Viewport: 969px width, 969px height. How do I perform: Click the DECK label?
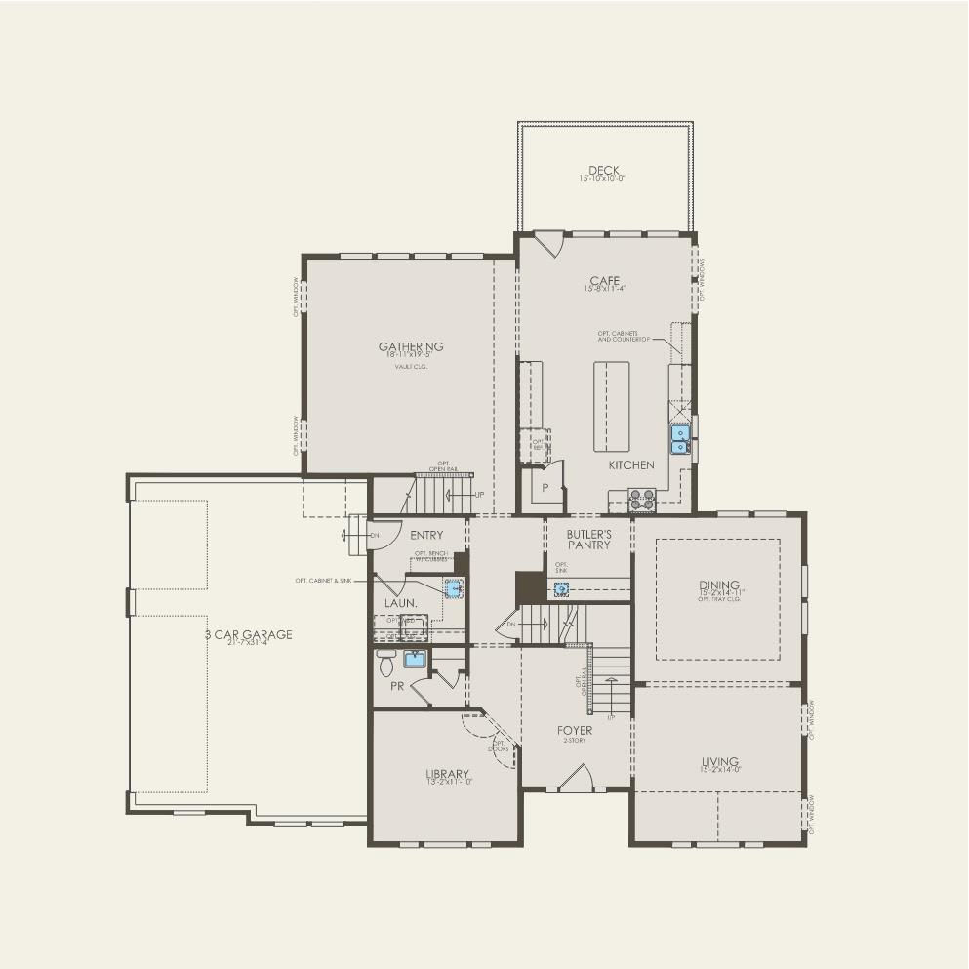click(604, 171)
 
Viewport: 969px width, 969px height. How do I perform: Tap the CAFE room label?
click(604, 281)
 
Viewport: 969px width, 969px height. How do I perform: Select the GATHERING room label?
click(411, 346)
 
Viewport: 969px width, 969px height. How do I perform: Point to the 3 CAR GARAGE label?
click(248, 634)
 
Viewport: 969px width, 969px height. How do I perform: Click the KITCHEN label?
click(631, 465)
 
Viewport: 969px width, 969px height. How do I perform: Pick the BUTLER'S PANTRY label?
click(588, 540)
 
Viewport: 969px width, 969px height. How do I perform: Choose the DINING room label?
click(718, 585)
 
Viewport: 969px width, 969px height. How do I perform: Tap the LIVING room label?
click(719, 762)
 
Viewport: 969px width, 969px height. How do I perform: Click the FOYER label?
click(575, 730)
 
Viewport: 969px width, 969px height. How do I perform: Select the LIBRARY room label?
click(447, 775)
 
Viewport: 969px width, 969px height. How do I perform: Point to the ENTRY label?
click(426, 535)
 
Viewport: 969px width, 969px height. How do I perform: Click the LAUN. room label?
click(400, 603)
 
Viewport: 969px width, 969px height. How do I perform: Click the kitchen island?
click(612, 406)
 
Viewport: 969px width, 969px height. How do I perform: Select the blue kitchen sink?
click(680, 439)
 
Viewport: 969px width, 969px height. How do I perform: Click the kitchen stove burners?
click(642, 501)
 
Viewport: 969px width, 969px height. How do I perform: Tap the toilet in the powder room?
click(385, 663)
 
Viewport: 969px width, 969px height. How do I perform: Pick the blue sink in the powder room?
click(415, 659)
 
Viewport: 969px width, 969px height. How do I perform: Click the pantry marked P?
click(545, 486)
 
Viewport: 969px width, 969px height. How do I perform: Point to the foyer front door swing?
click(576, 778)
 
